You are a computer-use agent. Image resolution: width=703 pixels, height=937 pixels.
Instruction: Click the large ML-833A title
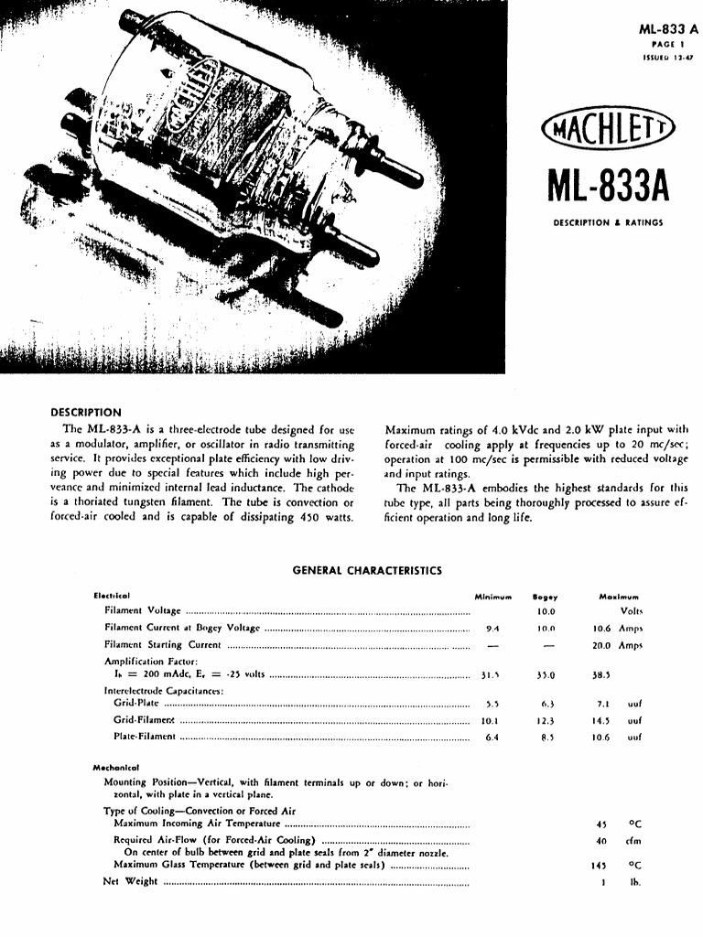click(608, 183)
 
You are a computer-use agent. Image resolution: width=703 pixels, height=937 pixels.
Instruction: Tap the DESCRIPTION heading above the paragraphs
click(86, 413)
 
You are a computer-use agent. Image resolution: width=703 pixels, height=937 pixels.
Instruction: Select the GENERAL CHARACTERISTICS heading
click(366, 571)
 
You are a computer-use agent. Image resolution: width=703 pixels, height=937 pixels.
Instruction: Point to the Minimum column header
click(492, 596)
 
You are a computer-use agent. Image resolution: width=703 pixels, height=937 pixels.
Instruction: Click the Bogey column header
click(546, 596)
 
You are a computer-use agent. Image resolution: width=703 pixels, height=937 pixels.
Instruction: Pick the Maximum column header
click(619, 596)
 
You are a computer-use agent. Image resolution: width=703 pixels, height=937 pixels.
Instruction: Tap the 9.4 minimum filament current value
click(492, 629)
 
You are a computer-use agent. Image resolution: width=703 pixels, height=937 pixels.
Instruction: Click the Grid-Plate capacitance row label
click(135, 704)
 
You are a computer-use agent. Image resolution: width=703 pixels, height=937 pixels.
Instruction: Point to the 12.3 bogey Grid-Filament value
click(546, 721)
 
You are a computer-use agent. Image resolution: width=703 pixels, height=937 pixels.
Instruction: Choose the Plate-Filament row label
click(144, 738)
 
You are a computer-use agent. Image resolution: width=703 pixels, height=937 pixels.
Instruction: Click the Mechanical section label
click(114, 767)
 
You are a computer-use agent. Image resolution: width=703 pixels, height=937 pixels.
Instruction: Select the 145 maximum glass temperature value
click(600, 865)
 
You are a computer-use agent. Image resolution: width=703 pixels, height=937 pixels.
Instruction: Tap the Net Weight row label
click(130, 882)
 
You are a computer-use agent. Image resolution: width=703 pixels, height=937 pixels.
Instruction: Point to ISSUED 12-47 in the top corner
click(669, 58)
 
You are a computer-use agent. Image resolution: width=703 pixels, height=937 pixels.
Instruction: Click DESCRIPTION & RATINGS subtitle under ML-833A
click(608, 222)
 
